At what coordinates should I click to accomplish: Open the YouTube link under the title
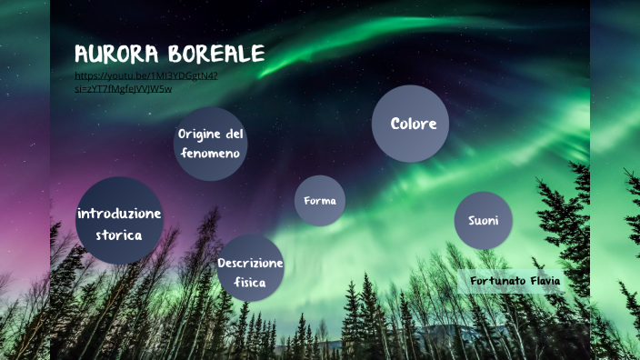click(145, 76)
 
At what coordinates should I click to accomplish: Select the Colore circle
click(411, 124)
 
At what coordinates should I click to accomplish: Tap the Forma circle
click(320, 201)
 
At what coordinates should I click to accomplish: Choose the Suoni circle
click(484, 221)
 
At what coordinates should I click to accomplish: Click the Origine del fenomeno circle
click(211, 143)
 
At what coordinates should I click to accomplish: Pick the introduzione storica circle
click(119, 221)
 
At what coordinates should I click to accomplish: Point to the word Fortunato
click(497, 281)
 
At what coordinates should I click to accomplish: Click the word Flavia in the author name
click(544, 281)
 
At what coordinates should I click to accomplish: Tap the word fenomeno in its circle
click(210, 154)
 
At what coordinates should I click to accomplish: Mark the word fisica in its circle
click(249, 282)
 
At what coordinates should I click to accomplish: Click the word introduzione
click(119, 214)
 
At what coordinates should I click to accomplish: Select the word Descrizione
click(250, 263)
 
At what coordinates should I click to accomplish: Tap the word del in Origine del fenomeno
click(235, 134)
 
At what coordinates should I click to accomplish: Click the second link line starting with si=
click(124, 88)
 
